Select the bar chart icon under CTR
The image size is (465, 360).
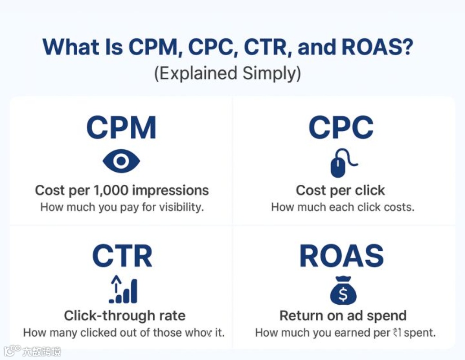[123, 290]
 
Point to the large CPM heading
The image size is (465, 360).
[121, 128]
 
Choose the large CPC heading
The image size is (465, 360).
[341, 128]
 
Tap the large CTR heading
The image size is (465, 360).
[122, 256]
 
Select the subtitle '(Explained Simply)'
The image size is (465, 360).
[227, 73]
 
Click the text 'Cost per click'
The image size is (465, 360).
[341, 190]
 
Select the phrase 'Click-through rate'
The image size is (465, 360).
[124, 316]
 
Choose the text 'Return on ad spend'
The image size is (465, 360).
[343, 316]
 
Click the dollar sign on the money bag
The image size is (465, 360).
[343, 295]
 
